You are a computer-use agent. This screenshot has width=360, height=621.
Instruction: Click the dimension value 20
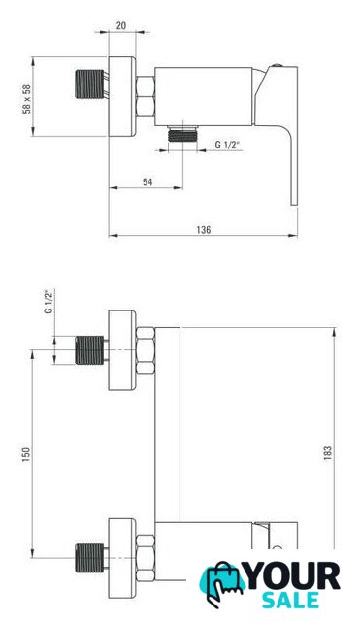pyautogui.click(x=121, y=26)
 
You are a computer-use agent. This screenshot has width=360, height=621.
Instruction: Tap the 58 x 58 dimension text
pyautogui.click(x=26, y=99)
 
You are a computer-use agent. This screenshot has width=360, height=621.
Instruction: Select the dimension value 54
pyautogui.click(x=147, y=181)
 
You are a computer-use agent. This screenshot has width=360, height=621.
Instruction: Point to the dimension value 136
pyautogui.click(x=204, y=229)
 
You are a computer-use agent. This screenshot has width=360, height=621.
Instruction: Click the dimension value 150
pyautogui.click(x=26, y=454)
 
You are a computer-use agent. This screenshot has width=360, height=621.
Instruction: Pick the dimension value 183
pyautogui.click(x=327, y=453)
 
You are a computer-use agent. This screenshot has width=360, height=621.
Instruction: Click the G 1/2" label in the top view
pyautogui.click(x=228, y=145)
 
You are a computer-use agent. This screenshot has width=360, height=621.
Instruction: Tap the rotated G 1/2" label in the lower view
pyautogui.click(x=49, y=302)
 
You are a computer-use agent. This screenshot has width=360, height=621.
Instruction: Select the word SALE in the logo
pyautogui.click(x=291, y=600)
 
